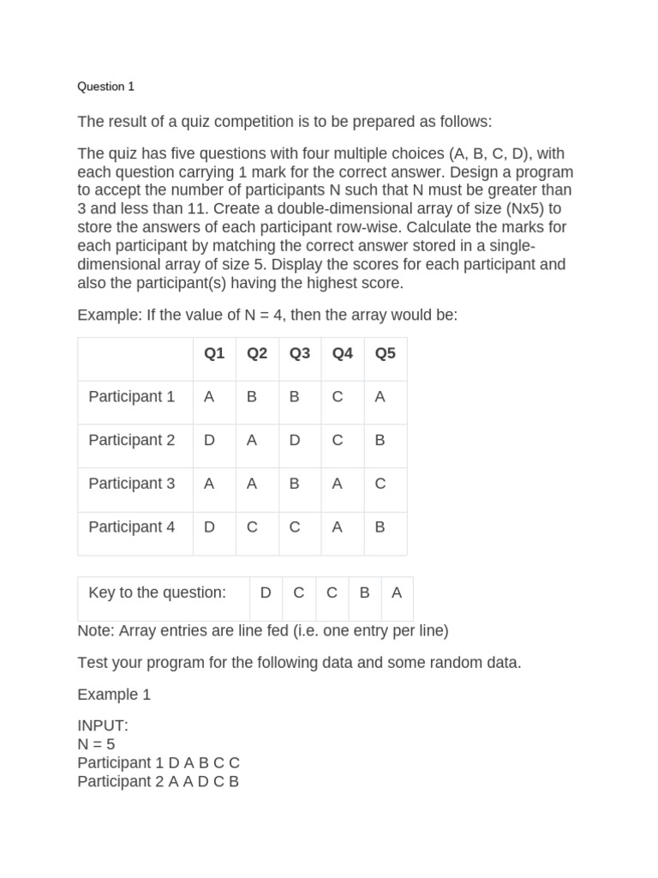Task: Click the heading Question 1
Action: [105, 87]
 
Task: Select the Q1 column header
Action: [214, 353]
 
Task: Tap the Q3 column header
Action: [300, 353]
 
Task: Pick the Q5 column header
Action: [386, 353]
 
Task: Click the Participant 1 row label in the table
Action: [131, 397]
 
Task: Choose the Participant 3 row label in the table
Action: [131, 484]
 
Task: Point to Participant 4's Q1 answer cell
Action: [209, 527]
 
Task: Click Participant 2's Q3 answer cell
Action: [295, 441]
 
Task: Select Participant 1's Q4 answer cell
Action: [338, 397]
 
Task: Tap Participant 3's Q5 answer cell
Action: [380, 484]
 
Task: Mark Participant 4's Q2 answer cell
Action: [252, 527]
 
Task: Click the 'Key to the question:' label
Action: [157, 592]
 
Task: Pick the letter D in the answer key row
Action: [266, 592]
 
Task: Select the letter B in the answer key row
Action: [365, 592]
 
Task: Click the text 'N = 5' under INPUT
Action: [96, 744]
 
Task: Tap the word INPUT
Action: [102, 725]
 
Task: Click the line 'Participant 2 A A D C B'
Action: [158, 782]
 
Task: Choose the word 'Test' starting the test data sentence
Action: [92, 663]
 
